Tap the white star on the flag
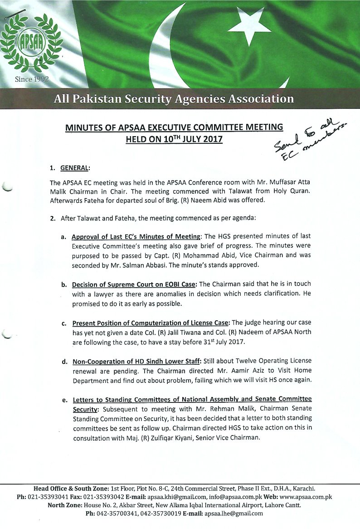click(252, 23)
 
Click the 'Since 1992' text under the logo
click(32, 79)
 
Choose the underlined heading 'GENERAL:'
click(76, 168)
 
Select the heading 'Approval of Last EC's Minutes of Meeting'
click(136, 237)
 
